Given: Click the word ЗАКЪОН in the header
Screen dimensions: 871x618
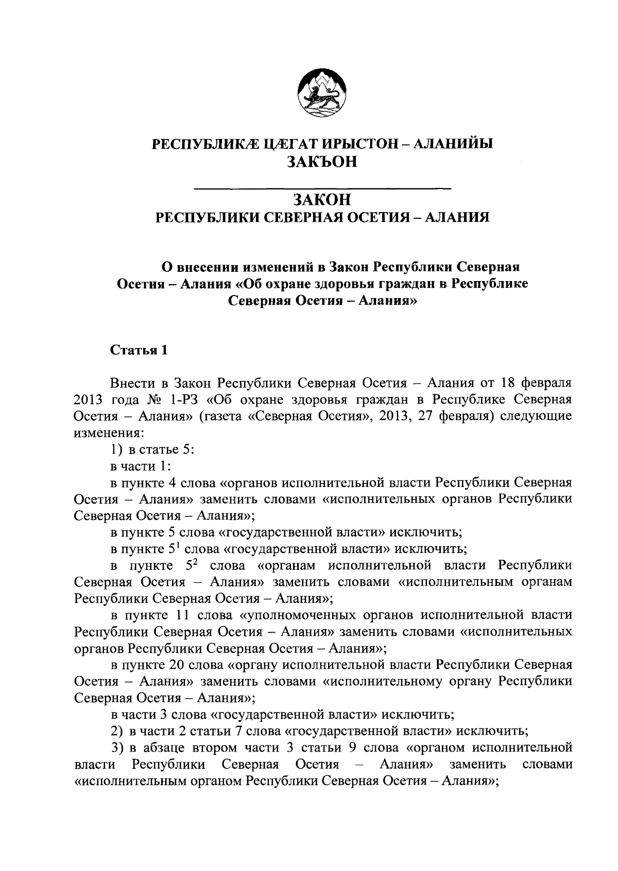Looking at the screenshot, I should point(322,162).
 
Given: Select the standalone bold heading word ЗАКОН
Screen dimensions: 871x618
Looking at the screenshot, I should point(322,199).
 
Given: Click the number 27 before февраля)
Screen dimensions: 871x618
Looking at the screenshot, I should point(427,416).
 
